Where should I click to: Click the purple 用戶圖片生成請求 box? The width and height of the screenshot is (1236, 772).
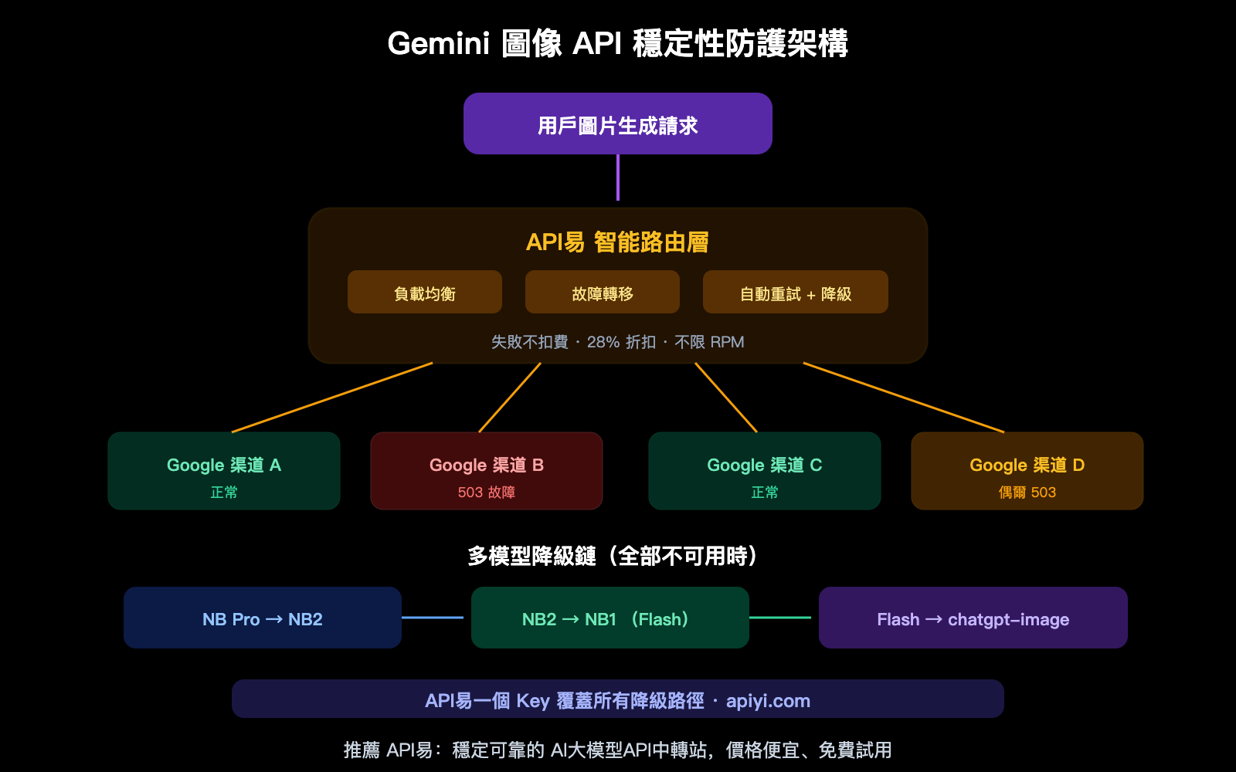click(x=617, y=124)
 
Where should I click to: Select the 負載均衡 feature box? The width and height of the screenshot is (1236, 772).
click(x=424, y=292)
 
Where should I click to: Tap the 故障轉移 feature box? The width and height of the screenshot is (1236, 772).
click(x=602, y=292)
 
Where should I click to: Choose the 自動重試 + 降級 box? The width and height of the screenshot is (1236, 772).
click(x=795, y=292)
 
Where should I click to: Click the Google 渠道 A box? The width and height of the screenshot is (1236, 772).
click(x=223, y=470)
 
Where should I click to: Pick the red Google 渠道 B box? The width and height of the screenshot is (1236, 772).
click(x=486, y=470)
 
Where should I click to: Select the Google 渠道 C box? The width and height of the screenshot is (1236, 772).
click(x=764, y=470)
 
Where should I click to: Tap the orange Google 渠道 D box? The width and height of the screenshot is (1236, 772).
click(x=1027, y=470)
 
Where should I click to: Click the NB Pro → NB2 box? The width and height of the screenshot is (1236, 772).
click(x=262, y=618)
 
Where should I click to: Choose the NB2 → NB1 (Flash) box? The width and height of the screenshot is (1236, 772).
click(x=610, y=618)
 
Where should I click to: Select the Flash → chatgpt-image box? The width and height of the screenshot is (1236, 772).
click(x=973, y=618)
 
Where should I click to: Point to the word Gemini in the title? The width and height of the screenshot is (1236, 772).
click(x=438, y=43)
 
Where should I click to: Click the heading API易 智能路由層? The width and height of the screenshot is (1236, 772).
click(x=617, y=242)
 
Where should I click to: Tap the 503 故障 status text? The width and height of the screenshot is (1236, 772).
click(x=486, y=493)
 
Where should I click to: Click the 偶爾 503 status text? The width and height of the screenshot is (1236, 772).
click(x=1027, y=493)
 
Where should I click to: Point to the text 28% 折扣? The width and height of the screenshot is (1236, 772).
click(x=621, y=342)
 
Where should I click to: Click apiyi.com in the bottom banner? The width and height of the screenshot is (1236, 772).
click(x=768, y=701)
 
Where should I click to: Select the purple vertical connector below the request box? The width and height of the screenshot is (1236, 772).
click(x=618, y=178)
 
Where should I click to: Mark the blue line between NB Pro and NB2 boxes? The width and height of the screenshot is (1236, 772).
click(x=433, y=618)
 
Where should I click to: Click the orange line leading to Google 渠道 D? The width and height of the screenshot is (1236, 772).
click(x=904, y=398)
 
